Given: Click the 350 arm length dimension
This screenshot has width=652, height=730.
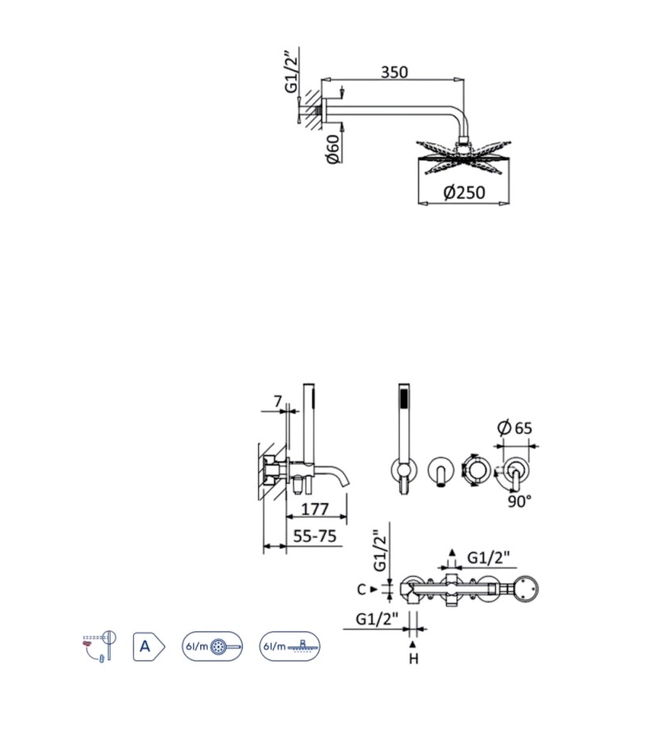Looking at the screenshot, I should tap(393, 72).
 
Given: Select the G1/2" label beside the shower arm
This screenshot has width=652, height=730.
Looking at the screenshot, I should tap(292, 73).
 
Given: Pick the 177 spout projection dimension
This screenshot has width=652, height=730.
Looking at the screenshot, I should tap(317, 510).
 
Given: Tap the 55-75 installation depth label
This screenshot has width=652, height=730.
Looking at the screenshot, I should tap(314, 537).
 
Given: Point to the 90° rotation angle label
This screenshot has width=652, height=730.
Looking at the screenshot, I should tap(519, 501).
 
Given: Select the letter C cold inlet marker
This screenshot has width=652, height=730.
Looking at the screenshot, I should tap(362, 589).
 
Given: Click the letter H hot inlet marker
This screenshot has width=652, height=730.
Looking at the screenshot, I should tap(413, 659).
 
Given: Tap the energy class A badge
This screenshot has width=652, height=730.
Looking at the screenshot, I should tap(147, 646).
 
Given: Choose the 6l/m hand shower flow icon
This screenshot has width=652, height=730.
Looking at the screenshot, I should tap(211, 646).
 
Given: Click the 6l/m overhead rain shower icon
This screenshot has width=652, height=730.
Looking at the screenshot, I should tap(289, 646).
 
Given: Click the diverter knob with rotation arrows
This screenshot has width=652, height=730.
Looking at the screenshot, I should tap(475, 470).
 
